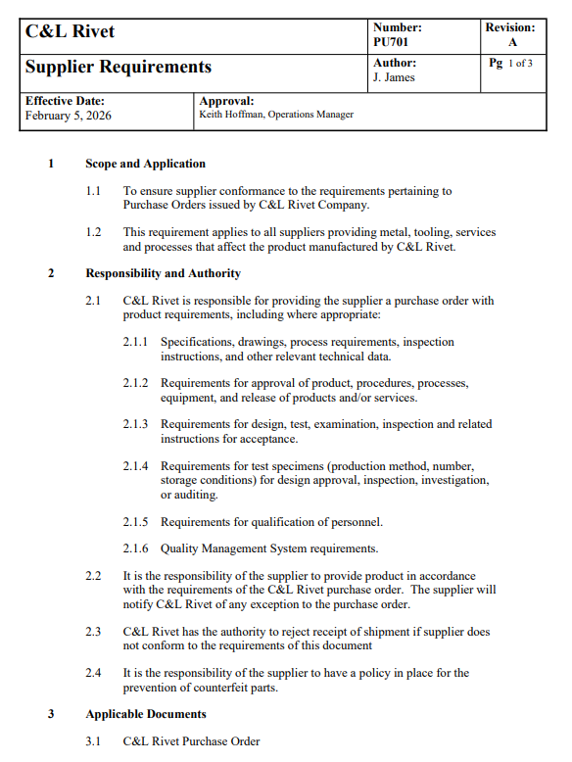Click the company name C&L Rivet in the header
[x=70, y=31]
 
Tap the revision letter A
[x=512, y=43]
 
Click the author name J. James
[x=395, y=78]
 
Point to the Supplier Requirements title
[x=118, y=67]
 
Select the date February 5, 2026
[x=69, y=116]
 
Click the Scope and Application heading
[x=145, y=164]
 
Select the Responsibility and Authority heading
[x=163, y=273]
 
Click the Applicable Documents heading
[x=146, y=714]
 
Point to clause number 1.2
[x=93, y=232]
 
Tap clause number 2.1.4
[x=135, y=466]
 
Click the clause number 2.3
[x=93, y=632]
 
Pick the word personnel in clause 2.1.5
[x=353, y=521]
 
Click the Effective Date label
[x=65, y=101]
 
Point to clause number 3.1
[x=93, y=741]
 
